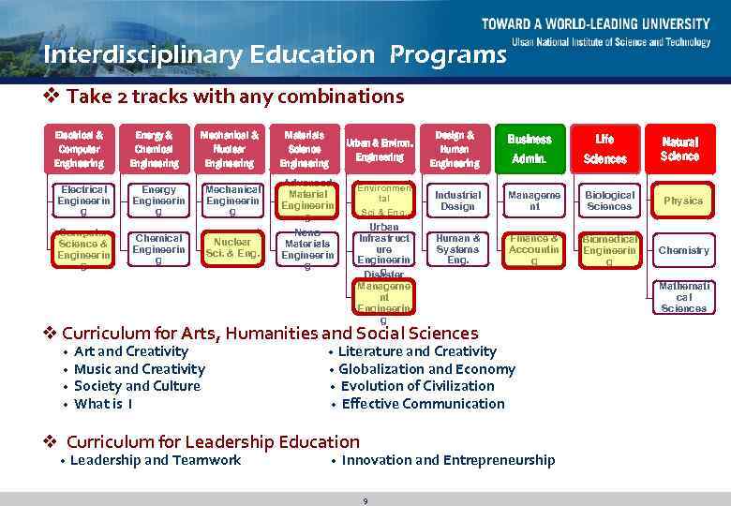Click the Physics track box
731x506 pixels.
tap(683, 201)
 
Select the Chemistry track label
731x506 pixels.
tap(683, 250)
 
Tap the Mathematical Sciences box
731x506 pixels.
tap(683, 296)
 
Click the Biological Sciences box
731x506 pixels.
tap(609, 201)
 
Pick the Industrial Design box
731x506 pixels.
tap(457, 201)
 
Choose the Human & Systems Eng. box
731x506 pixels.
tap(457, 249)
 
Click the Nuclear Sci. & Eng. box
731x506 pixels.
tap(231, 247)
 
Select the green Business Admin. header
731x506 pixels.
tap(530, 148)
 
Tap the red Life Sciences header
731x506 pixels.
tap(604, 148)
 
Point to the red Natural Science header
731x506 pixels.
tap(679, 148)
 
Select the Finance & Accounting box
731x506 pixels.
tap(534, 249)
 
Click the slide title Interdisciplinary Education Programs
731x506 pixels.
tap(275, 55)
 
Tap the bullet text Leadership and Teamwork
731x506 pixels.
tap(156, 460)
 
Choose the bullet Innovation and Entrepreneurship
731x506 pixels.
tap(448, 460)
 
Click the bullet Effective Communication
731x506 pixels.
tap(423, 404)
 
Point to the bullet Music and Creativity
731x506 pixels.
tap(139, 369)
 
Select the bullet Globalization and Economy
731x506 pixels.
tap(427, 369)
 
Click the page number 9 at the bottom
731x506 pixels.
tap(365, 501)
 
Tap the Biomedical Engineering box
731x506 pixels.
tap(609, 250)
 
